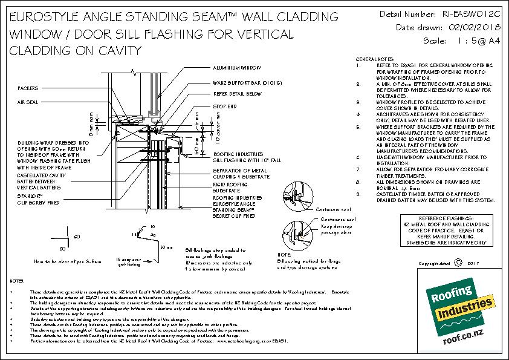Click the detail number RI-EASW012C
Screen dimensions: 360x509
471,13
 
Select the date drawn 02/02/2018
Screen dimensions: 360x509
471,27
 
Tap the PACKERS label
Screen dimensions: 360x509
28,88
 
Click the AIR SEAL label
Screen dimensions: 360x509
28,103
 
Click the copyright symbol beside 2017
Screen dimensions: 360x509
457,263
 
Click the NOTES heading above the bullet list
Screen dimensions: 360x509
18,282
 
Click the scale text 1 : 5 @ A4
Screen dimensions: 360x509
471,41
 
